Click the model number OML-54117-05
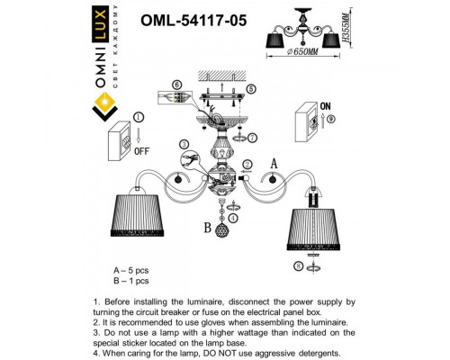pyautogui.click(x=169, y=15)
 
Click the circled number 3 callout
pyautogui.click(x=184, y=144)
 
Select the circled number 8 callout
pyautogui.click(x=298, y=266)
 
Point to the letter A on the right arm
pyautogui.click(x=274, y=163)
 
